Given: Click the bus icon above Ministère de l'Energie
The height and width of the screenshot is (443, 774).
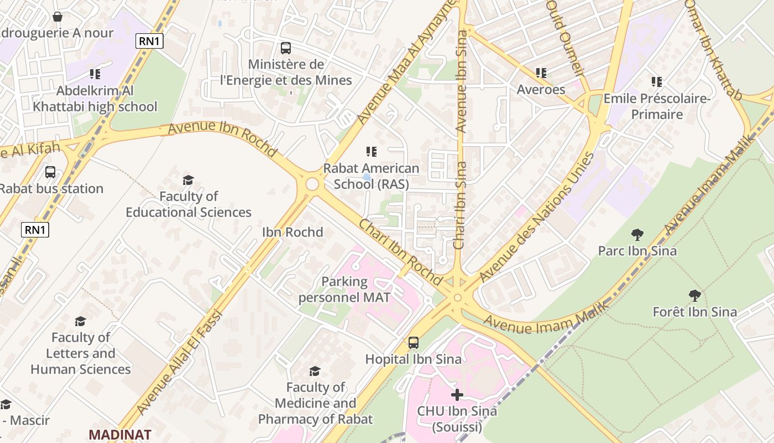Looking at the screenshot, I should pos(286,48).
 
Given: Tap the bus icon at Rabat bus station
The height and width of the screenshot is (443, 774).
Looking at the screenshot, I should pos(50,172).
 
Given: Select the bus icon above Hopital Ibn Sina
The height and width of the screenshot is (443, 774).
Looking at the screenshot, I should pos(414,343).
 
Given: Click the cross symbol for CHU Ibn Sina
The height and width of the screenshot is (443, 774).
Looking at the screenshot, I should pos(457,395).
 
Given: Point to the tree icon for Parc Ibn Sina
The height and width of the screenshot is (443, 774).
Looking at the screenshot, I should pos(637,235).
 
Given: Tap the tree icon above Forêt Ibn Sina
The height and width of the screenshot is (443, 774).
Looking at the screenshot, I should pos(694,296).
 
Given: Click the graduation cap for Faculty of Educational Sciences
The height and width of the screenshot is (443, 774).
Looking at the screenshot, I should pos(189,180).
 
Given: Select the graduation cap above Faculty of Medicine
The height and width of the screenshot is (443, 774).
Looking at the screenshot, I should pos(315,371).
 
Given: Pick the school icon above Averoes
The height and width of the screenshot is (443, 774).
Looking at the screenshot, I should pos(541,73).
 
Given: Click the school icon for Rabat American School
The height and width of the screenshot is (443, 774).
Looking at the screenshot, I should pos(372,152).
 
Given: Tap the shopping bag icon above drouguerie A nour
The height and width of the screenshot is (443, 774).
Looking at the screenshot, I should pos(57,17).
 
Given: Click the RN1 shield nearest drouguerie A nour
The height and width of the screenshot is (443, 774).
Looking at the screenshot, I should pos(149,40).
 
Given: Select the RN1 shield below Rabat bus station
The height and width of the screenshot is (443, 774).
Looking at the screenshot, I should pos(35,230).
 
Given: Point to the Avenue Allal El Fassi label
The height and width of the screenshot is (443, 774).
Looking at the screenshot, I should pos(180,363).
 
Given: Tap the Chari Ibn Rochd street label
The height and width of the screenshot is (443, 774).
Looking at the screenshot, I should pos(401,252).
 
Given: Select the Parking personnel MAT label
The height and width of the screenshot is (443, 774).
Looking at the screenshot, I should pos(344,290).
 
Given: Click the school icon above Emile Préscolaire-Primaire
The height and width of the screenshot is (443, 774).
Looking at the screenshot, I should pos(657,82).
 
